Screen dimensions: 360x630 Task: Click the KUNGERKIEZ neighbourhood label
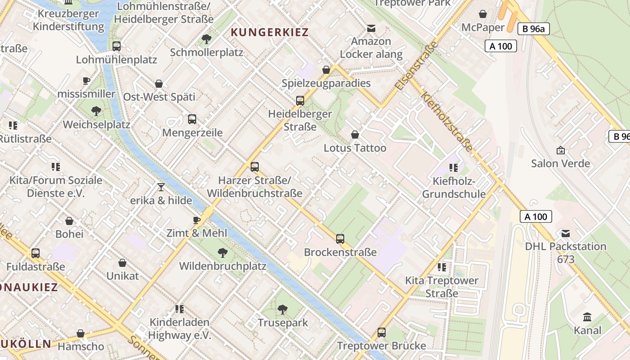coord(270,32)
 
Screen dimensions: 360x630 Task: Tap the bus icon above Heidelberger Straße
coord(300,101)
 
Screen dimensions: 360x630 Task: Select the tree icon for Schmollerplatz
coord(207,39)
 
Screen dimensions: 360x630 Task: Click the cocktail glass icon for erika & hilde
coord(161,187)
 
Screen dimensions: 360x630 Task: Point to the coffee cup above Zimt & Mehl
coord(197,220)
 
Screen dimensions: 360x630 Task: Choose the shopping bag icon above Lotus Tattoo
coord(355,135)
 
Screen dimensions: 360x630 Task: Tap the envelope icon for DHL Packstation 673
coord(566,234)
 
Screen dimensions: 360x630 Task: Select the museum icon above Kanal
coord(587,317)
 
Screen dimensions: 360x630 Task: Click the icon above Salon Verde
coord(561,150)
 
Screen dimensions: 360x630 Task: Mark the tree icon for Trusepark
coord(283,309)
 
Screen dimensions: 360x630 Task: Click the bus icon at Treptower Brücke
coord(382,333)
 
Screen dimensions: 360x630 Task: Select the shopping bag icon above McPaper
coord(483,14)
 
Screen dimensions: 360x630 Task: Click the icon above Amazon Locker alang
coord(371,28)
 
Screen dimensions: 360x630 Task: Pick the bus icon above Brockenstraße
coord(340,239)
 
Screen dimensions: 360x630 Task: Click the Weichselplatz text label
coord(97,125)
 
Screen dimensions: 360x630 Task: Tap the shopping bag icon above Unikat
coord(122,263)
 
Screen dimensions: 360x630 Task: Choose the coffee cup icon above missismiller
coord(86,81)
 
